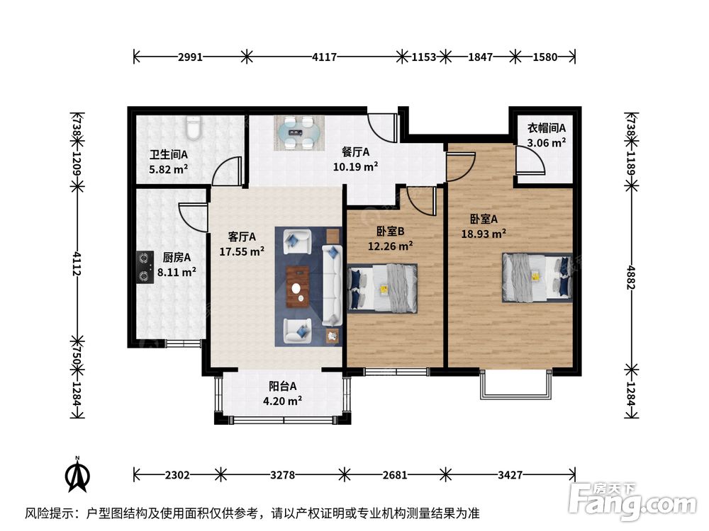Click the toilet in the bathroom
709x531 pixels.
point(194,127)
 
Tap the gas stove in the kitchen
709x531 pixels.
point(145,268)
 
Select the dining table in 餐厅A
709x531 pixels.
point(299,133)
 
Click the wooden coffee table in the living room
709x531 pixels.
point(298,287)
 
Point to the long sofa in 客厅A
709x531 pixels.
point(333,285)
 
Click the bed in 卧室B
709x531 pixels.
point(382,289)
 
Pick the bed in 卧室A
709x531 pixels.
point(537,278)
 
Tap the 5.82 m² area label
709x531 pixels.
point(168,169)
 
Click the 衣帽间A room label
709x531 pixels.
point(546,128)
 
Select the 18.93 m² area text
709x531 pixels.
point(484,234)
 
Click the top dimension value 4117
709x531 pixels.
point(325,57)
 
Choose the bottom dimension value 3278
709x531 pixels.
point(283,475)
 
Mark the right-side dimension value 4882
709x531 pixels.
point(631,278)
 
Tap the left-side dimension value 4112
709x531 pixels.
point(78,264)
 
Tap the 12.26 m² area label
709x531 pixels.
point(390,246)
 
